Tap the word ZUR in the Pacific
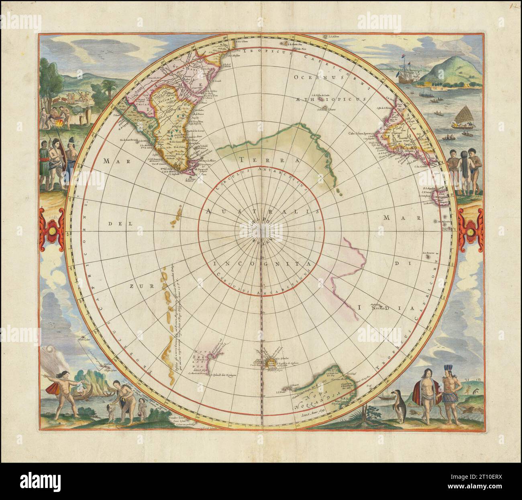[x=135, y=286]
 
